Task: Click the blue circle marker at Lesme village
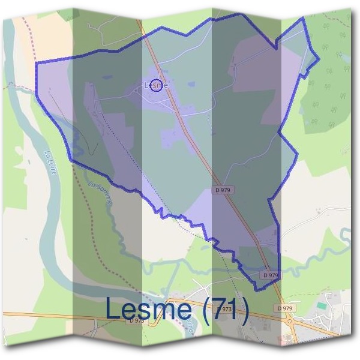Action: click(x=156, y=86)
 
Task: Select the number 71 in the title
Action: click(x=223, y=310)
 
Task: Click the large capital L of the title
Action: click(x=113, y=308)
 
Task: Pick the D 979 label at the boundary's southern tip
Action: click(x=271, y=275)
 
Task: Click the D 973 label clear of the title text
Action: click(x=136, y=321)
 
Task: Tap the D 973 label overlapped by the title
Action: click(x=224, y=309)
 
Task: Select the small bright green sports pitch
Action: click(x=323, y=306)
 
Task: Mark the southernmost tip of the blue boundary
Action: click(x=256, y=290)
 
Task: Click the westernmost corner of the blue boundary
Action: click(x=36, y=62)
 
